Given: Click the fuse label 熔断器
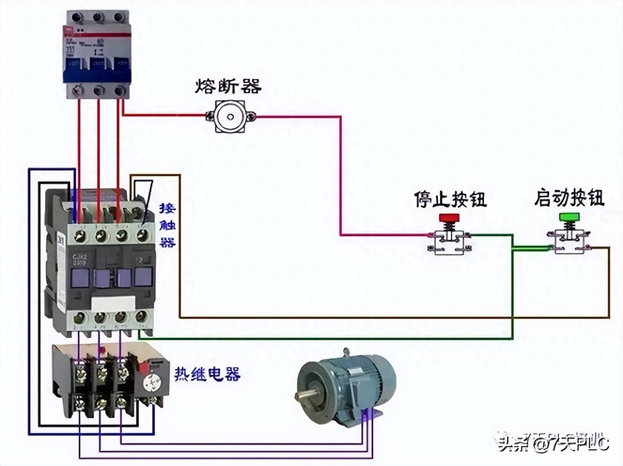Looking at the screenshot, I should [228, 86].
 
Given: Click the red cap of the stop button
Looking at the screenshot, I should [449, 217].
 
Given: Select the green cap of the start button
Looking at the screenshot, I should [569, 217].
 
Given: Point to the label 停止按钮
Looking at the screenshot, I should [450, 199].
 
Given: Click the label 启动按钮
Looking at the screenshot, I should [569, 198].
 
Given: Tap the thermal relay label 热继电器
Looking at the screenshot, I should [207, 374].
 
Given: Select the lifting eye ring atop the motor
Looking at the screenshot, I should [345, 352].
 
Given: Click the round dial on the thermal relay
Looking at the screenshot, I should [152, 383].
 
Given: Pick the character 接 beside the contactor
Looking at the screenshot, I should [167, 208].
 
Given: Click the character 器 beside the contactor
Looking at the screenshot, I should [167, 242].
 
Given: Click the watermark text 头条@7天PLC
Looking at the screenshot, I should [553, 445].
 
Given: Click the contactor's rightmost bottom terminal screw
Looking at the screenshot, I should [141, 317].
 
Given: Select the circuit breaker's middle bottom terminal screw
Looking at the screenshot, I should [99, 90].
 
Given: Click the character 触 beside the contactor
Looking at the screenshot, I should [167, 226].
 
